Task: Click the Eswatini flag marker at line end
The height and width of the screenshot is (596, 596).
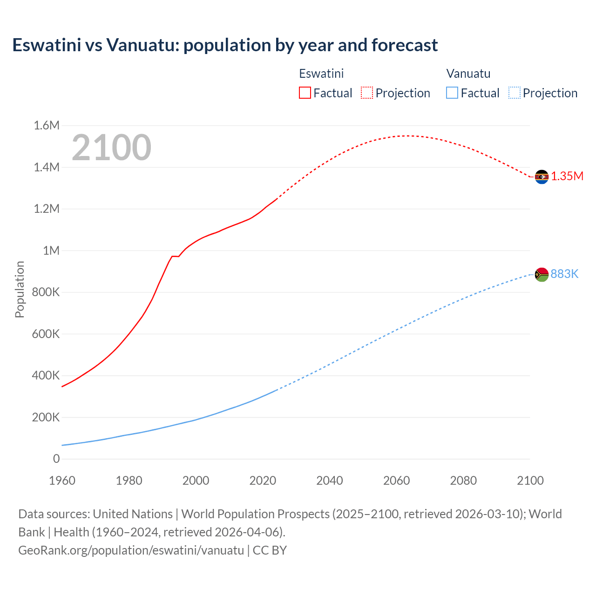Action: pos(541,177)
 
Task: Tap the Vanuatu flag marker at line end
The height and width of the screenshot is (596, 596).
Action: pos(541,275)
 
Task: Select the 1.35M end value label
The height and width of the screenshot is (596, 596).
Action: pos(567,176)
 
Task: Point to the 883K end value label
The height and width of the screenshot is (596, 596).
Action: pos(564,274)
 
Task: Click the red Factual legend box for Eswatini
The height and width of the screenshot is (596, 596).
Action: pos(305,93)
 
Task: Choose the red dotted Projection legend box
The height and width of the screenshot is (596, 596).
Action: pos(367,93)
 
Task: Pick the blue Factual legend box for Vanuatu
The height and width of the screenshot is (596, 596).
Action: pos(452,93)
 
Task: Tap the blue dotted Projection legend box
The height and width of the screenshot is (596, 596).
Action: pos(515,93)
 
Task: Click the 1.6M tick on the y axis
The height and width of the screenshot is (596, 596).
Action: pos(47,125)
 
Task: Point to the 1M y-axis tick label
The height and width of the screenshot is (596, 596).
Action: pos(51,251)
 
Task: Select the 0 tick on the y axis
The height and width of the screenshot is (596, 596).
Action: pos(56,459)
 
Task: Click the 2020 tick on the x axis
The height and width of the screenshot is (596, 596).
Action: pos(263,481)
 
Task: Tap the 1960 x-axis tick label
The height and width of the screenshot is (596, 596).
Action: pos(62,481)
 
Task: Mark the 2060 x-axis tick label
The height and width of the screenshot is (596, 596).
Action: pos(396,481)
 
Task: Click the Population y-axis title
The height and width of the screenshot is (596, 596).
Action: pos(20,289)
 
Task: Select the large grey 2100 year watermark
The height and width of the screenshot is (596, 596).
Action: pos(111,148)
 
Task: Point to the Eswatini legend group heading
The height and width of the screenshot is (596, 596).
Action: pos(321,74)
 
